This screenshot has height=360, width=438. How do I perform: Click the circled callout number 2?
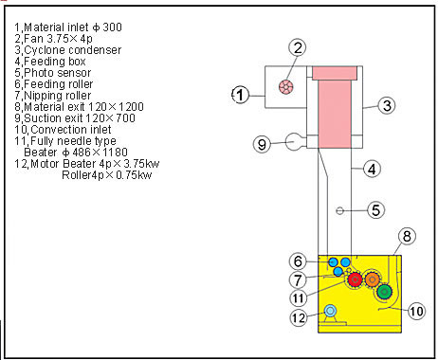(298, 47)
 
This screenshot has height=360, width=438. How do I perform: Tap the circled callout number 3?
(387, 105)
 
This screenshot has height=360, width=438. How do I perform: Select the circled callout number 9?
(262, 144)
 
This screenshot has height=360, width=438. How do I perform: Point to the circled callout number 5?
(375, 210)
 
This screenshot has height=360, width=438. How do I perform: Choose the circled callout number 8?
(407, 236)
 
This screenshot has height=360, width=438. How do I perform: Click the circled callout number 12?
(299, 317)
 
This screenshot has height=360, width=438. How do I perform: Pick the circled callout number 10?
(416, 311)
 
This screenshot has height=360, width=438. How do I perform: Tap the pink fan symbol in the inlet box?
(286, 86)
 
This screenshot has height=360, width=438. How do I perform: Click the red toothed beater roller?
(355, 279)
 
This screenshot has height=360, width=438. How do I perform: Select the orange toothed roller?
(372, 279)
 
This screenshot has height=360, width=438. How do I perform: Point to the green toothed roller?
(384, 292)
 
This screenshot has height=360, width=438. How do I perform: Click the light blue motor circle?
(330, 311)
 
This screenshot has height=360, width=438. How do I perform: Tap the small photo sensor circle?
(339, 210)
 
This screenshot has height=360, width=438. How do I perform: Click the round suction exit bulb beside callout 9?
(294, 142)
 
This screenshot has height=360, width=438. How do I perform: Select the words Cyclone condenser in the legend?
(73, 50)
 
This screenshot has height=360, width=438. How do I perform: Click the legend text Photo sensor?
(58, 73)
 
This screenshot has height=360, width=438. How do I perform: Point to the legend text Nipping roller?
(58, 96)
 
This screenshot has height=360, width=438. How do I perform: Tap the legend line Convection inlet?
(63, 130)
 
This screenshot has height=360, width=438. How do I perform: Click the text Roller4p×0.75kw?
(106, 175)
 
